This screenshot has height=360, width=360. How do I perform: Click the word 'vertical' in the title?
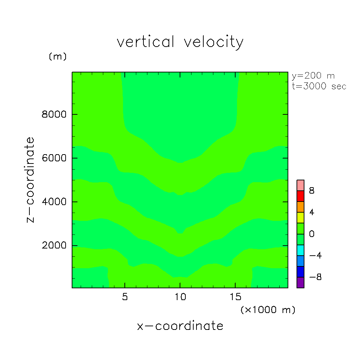145,42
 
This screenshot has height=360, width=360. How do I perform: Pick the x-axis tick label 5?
124,297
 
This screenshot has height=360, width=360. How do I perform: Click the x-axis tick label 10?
180,297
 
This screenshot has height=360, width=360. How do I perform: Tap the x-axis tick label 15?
235,297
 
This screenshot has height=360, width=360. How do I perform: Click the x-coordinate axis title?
180,326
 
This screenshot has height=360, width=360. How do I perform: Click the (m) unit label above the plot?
58,57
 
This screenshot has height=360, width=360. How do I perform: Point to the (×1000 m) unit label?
268,310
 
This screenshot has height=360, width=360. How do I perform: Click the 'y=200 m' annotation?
313,76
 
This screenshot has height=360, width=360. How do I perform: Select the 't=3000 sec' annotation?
319,86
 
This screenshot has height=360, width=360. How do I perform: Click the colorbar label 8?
312,191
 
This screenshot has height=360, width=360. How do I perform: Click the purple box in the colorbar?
300,283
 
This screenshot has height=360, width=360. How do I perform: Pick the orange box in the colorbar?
300,207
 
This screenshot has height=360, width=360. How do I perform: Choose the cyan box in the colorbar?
300,250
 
